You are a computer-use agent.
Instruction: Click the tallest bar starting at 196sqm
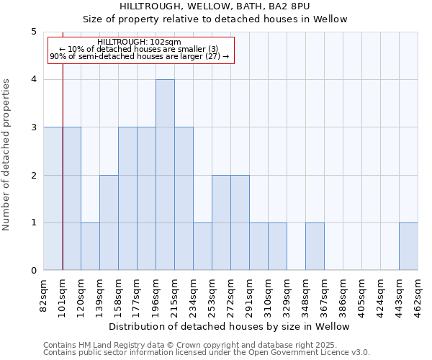pyautogui.click(x=165, y=175)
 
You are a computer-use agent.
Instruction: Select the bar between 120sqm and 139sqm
pyautogui.click(x=90, y=246)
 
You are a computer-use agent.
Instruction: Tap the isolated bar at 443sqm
pyautogui.click(x=408, y=246)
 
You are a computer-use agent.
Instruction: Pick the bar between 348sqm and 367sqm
pyautogui.click(x=315, y=246)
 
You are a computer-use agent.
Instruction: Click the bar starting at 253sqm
pyautogui.click(x=221, y=222)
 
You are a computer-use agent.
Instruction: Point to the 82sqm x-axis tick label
pyautogui.click(x=44, y=294)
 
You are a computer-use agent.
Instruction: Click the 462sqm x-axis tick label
pyautogui.click(x=418, y=294)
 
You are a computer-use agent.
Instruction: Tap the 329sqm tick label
pyautogui.click(x=287, y=294)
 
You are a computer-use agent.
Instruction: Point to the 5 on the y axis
pyautogui.click(x=33, y=32)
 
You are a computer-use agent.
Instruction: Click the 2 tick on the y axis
pyautogui.click(x=33, y=175)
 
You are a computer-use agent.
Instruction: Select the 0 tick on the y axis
pyautogui.click(x=33, y=271)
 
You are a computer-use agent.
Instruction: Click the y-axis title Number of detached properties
pyautogui.click(x=7, y=156)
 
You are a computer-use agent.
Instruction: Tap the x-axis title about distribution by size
pyautogui.click(x=230, y=326)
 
